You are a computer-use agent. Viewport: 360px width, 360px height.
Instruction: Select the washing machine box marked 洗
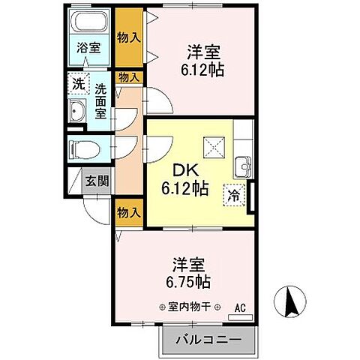coord(78,84)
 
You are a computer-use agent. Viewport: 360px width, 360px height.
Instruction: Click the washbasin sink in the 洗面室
coord(78,113)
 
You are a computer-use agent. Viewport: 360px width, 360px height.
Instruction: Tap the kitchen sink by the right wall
coord(244,166)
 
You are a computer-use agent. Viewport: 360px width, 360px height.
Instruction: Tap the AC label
coord(240,307)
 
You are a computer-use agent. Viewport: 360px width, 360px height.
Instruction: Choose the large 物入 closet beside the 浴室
coord(129,37)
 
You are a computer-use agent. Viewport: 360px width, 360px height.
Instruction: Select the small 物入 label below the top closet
coord(128,76)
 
